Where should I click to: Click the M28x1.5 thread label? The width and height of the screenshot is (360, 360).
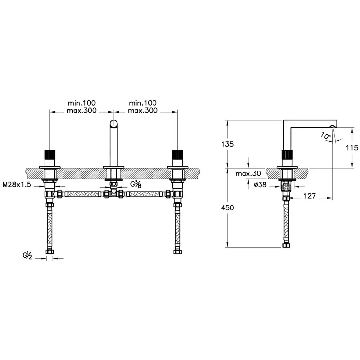pos(17,184)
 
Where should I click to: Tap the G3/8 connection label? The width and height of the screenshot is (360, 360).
pos(136,184)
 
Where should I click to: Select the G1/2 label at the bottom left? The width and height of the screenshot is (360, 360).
pos(27,255)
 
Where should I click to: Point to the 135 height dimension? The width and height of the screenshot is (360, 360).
pos(227,144)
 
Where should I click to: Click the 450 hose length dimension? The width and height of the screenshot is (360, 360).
pos(227,208)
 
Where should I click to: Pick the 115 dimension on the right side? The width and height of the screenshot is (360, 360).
pos(352,148)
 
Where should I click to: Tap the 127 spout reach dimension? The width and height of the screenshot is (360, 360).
pos(310,196)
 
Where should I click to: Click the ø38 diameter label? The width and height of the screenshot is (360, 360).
pos(260,184)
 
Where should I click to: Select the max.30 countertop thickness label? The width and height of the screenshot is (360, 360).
pos(248,173)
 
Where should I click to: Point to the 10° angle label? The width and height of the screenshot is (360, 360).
pos(326,136)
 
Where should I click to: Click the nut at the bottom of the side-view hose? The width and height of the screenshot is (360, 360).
pos(286,246)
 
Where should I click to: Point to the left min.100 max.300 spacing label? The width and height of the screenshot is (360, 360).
pos(81,107)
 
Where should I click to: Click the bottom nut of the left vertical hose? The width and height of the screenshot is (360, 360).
pos(49,251)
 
